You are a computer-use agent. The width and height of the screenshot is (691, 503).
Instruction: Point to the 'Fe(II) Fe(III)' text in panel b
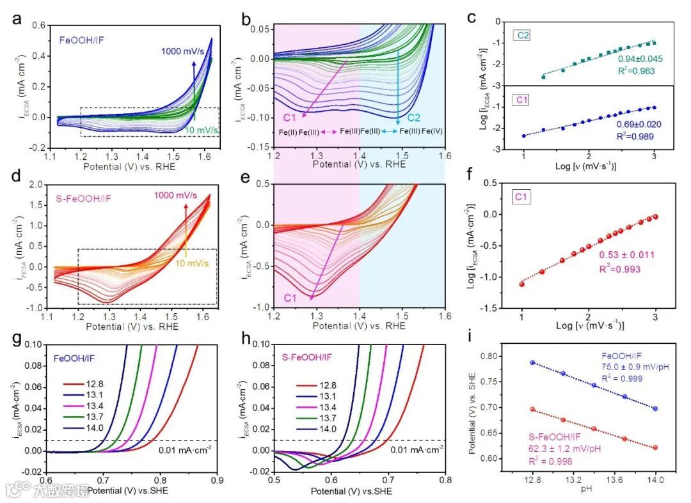[x=299, y=131]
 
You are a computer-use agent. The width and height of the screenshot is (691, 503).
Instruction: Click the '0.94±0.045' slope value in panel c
[x=640, y=59]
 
